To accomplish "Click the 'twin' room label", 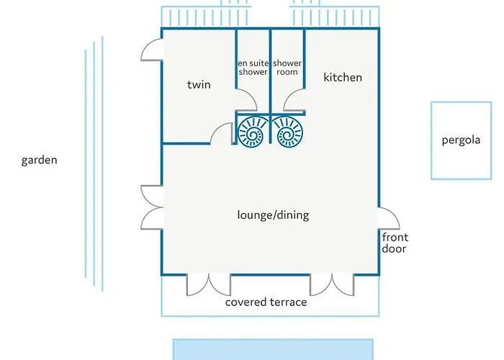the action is click(x=199, y=84).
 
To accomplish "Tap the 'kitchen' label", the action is click(x=343, y=78).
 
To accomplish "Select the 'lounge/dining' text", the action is click(x=273, y=215).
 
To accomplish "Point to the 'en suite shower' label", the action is click(x=253, y=68).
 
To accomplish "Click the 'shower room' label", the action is click(x=287, y=68).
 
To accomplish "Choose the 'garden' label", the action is click(x=39, y=160).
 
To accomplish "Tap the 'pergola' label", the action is click(x=461, y=140).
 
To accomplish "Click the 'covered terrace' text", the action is click(x=266, y=302).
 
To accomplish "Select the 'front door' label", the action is click(x=395, y=243).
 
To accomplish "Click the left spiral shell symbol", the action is click(x=252, y=132).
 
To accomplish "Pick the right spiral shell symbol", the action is click(x=288, y=132).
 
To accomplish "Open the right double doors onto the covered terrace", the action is click(x=332, y=288).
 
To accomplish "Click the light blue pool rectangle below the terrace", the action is click(x=273, y=349).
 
